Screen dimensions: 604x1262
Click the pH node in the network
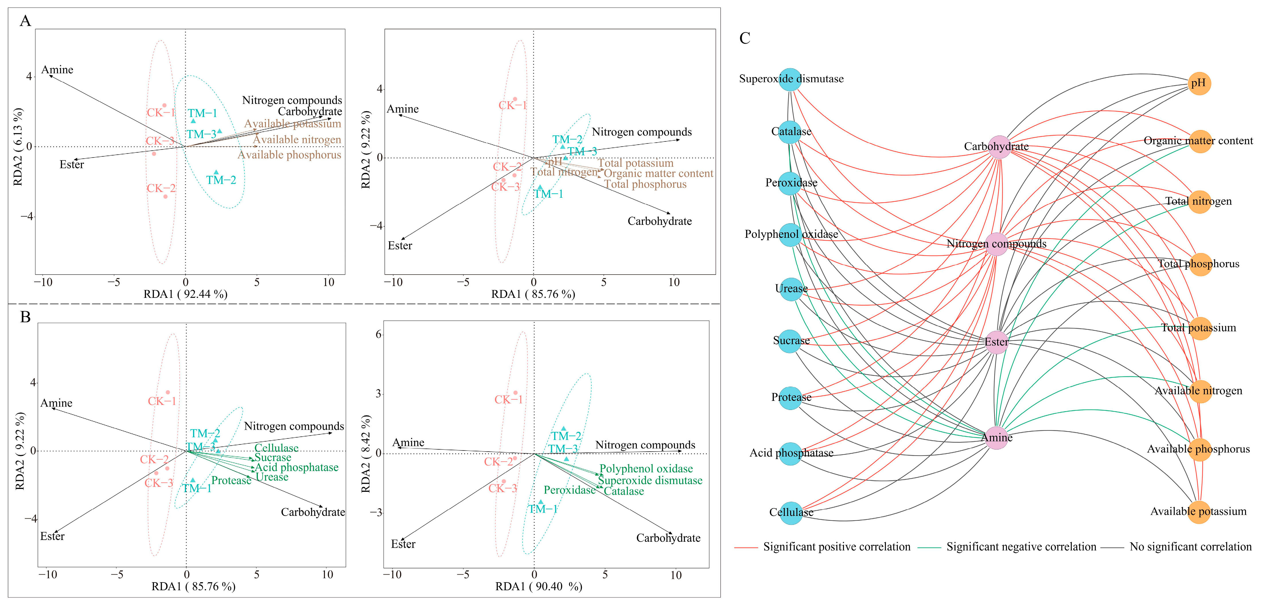1199,83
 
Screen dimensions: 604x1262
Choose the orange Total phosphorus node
1199,264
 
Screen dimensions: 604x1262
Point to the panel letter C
745,38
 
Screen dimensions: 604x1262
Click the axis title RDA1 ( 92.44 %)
185,294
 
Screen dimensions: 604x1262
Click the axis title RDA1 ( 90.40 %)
538,586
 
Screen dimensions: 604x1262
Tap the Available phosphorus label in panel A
289,155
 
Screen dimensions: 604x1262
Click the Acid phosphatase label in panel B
296,468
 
